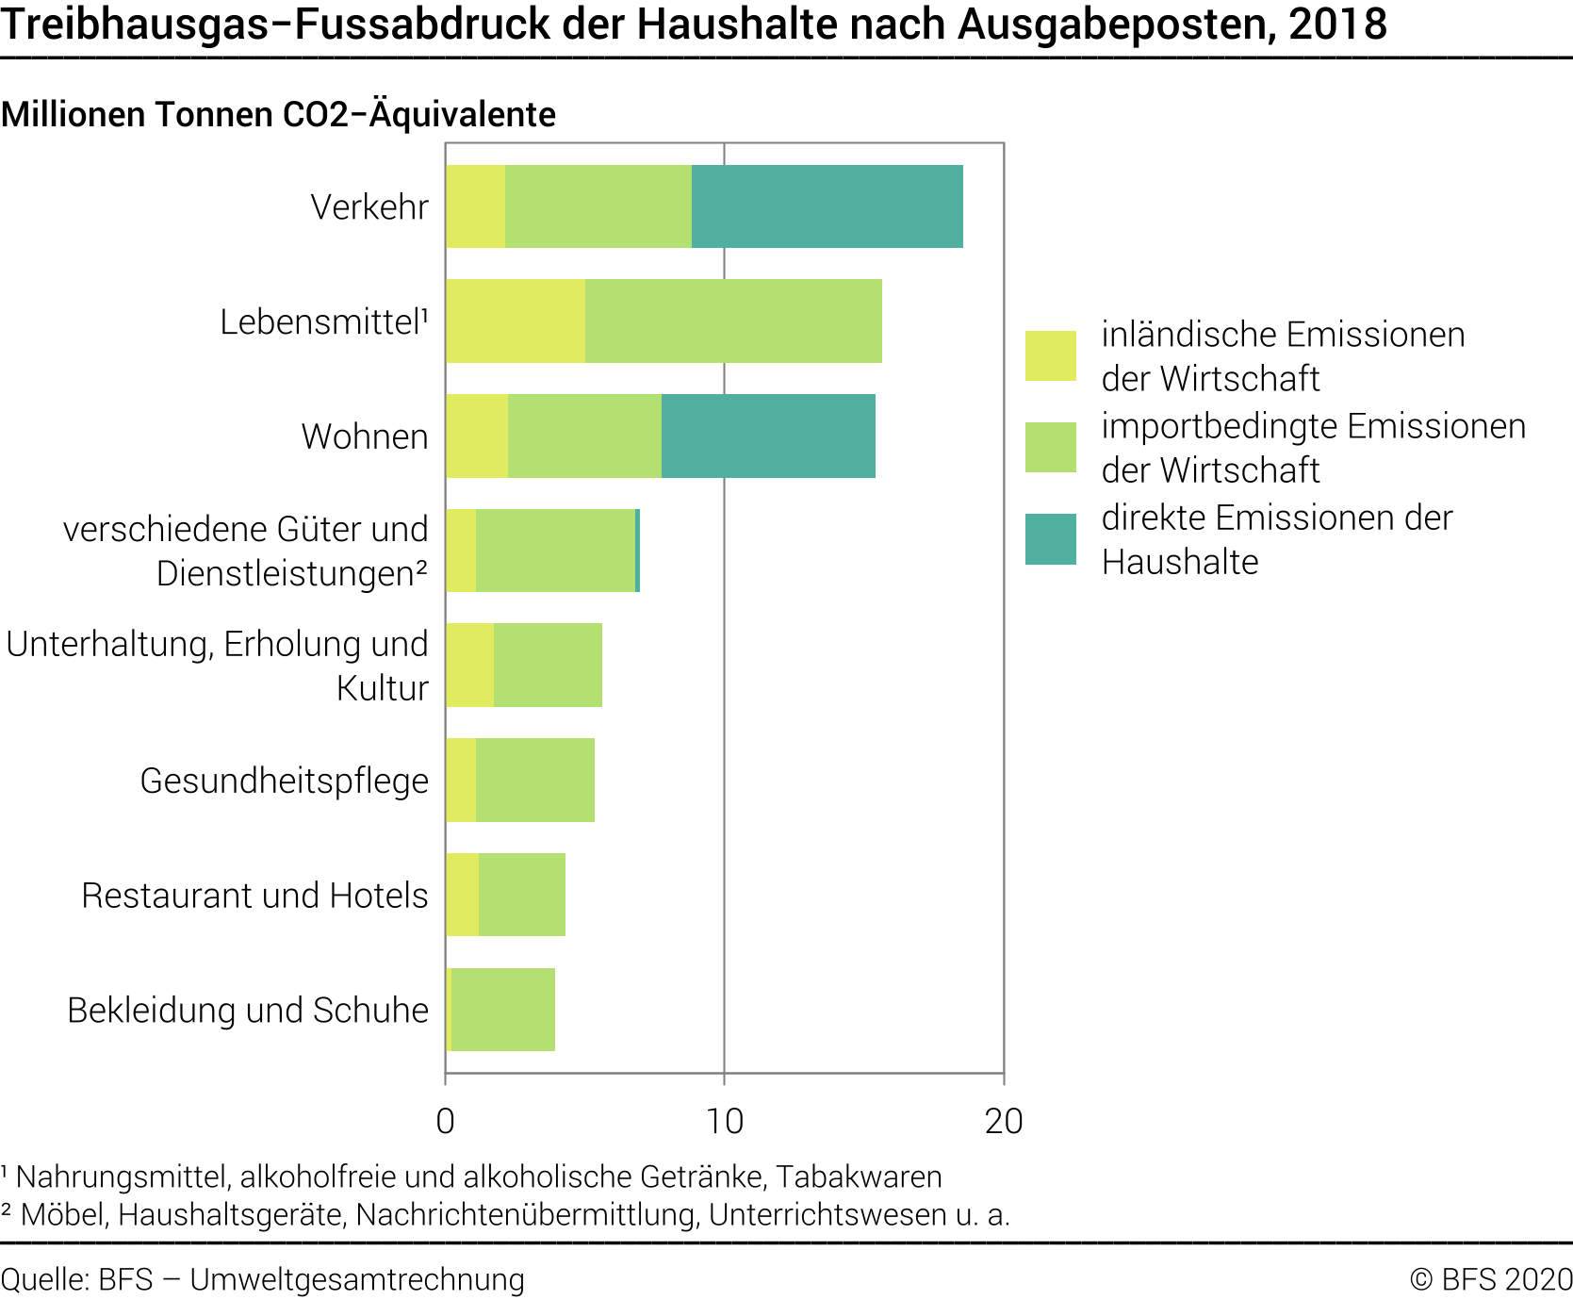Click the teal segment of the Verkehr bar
pos(827,206)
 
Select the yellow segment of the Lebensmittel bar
pos(515,321)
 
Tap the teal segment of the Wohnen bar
pos(768,436)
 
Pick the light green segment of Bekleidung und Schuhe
pos(503,1010)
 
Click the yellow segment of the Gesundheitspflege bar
pos(461,780)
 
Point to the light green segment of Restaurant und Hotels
pos(522,895)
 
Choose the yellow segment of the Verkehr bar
pos(475,206)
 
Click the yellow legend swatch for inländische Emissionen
pos(1050,355)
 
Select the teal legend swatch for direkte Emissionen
pos(1050,539)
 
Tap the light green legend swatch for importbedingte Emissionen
pos(1050,447)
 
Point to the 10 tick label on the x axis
pos(724,1121)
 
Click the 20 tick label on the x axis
pos(1003,1121)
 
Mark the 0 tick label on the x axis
pos(445,1121)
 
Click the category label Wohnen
pos(365,436)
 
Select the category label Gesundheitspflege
pos(284,781)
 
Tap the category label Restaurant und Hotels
pos(254,896)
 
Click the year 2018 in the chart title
pos(1338,25)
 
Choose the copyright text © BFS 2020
pos(1490,1279)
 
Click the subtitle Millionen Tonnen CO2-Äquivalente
pos(278,114)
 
